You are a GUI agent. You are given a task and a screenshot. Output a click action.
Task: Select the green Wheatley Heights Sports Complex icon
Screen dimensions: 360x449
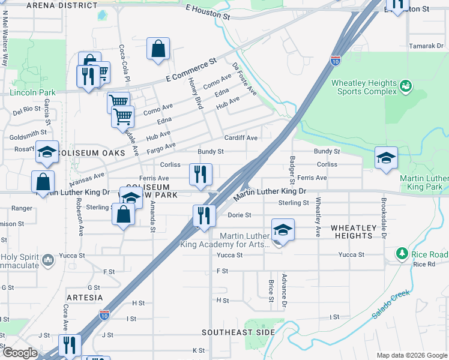point(406,86)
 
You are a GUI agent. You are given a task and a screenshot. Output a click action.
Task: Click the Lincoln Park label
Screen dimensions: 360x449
point(32,92)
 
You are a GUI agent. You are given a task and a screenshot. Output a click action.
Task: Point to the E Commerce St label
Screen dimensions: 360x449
point(191,72)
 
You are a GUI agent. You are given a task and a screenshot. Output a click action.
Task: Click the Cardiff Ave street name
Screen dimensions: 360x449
point(241,138)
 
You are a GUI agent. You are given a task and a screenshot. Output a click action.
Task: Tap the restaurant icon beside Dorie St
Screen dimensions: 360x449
point(204,215)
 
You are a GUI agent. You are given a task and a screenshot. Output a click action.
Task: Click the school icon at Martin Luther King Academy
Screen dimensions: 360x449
point(283,230)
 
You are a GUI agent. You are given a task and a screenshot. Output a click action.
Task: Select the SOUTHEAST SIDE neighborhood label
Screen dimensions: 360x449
point(238,332)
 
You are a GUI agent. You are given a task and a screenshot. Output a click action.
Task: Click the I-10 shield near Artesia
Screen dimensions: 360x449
point(104,314)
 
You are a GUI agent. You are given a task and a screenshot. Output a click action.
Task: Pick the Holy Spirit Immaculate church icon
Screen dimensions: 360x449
point(49,260)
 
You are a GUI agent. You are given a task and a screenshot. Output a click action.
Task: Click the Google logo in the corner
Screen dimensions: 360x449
point(19,353)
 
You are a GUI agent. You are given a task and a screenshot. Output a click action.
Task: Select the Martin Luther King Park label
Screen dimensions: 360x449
point(424,183)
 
